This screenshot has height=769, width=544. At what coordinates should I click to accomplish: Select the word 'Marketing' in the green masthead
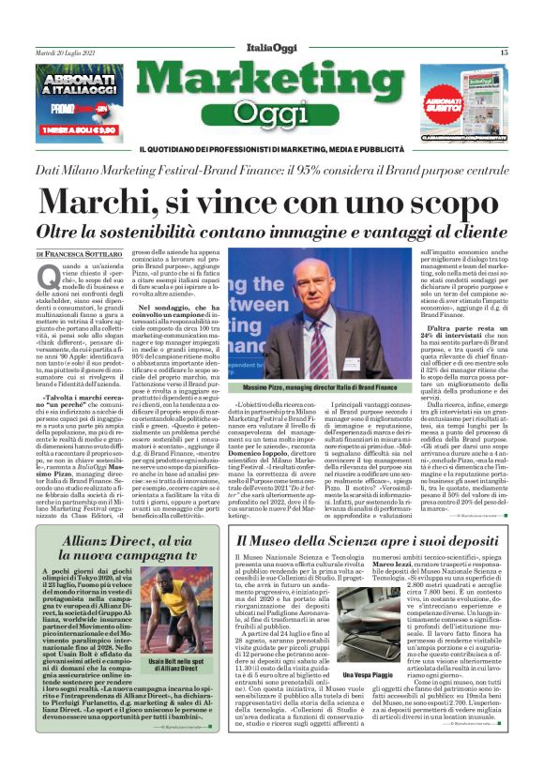pyautogui.click(x=272, y=80)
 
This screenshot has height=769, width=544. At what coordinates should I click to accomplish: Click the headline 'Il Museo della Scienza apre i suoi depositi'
pyautogui.click(x=370, y=540)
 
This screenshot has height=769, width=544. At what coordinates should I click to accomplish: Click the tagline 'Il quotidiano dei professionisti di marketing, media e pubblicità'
pyautogui.click(x=272, y=150)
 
